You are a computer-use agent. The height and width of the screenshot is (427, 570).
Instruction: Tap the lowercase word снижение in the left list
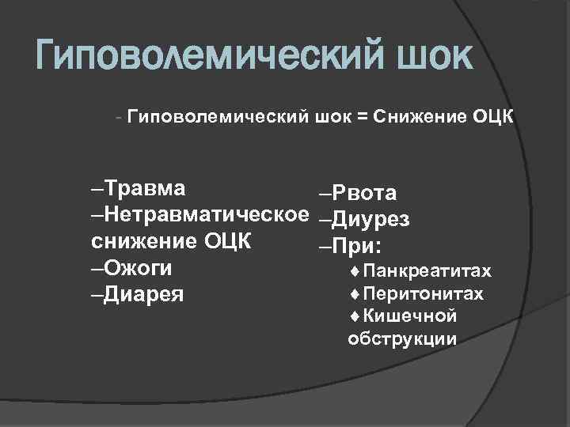click(x=143, y=241)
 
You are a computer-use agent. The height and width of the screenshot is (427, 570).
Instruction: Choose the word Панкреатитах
click(x=428, y=272)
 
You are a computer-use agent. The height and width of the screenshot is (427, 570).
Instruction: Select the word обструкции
click(x=401, y=338)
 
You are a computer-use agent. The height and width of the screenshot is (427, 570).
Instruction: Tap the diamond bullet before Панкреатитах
click(x=353, y=272)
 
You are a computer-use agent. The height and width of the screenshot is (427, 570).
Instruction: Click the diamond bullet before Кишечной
click(x=353, y=316)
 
